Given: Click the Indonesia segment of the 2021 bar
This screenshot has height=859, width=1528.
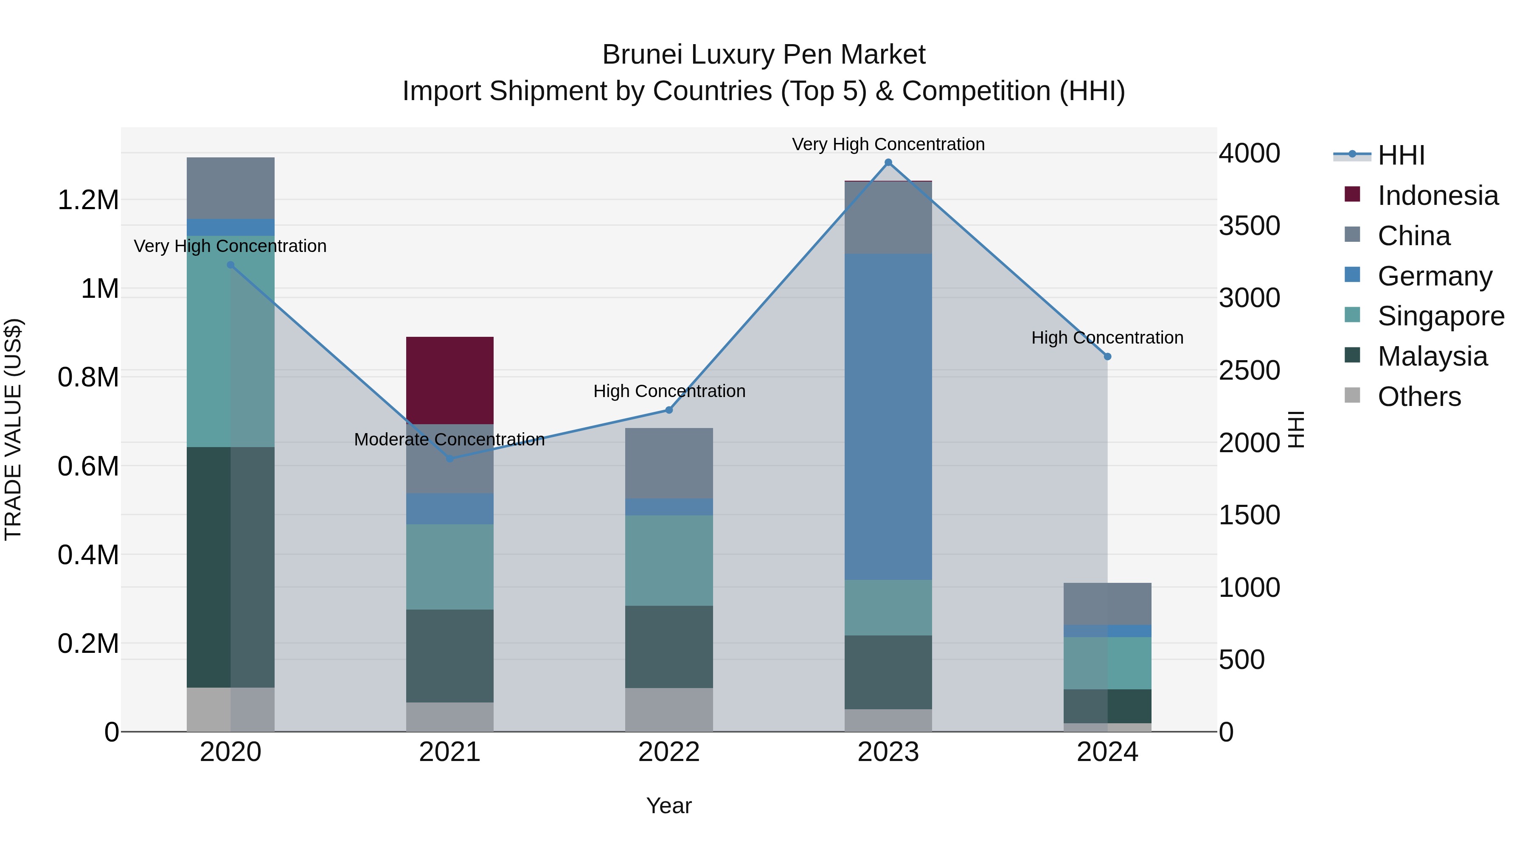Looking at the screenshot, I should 449,380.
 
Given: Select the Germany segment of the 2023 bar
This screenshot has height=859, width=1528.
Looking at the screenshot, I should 888,416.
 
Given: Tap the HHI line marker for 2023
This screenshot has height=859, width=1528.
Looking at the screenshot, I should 888,162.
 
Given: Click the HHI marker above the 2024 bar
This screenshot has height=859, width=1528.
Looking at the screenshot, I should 1107,357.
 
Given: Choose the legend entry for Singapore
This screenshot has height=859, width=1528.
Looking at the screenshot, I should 1440,316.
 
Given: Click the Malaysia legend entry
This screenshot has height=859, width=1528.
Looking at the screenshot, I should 1432,356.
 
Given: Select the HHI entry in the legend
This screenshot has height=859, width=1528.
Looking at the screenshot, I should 1400,155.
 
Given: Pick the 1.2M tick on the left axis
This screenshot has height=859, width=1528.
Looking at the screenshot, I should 88,200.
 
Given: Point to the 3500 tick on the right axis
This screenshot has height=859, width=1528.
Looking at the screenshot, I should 1249,226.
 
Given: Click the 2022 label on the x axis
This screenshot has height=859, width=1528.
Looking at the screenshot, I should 668,752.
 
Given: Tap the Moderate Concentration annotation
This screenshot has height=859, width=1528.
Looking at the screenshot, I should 449,439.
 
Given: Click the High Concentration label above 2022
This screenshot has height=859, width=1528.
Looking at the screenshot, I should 669,391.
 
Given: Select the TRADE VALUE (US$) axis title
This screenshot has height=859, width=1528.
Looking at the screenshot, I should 13,429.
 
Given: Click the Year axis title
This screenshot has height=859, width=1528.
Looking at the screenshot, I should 668,806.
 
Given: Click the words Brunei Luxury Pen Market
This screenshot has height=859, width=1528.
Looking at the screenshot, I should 764,55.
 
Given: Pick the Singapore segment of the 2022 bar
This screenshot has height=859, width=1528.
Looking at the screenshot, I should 668,560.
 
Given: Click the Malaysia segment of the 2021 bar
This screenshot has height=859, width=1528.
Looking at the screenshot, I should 449,656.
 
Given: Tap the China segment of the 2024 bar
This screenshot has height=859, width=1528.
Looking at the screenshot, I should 1107,604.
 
